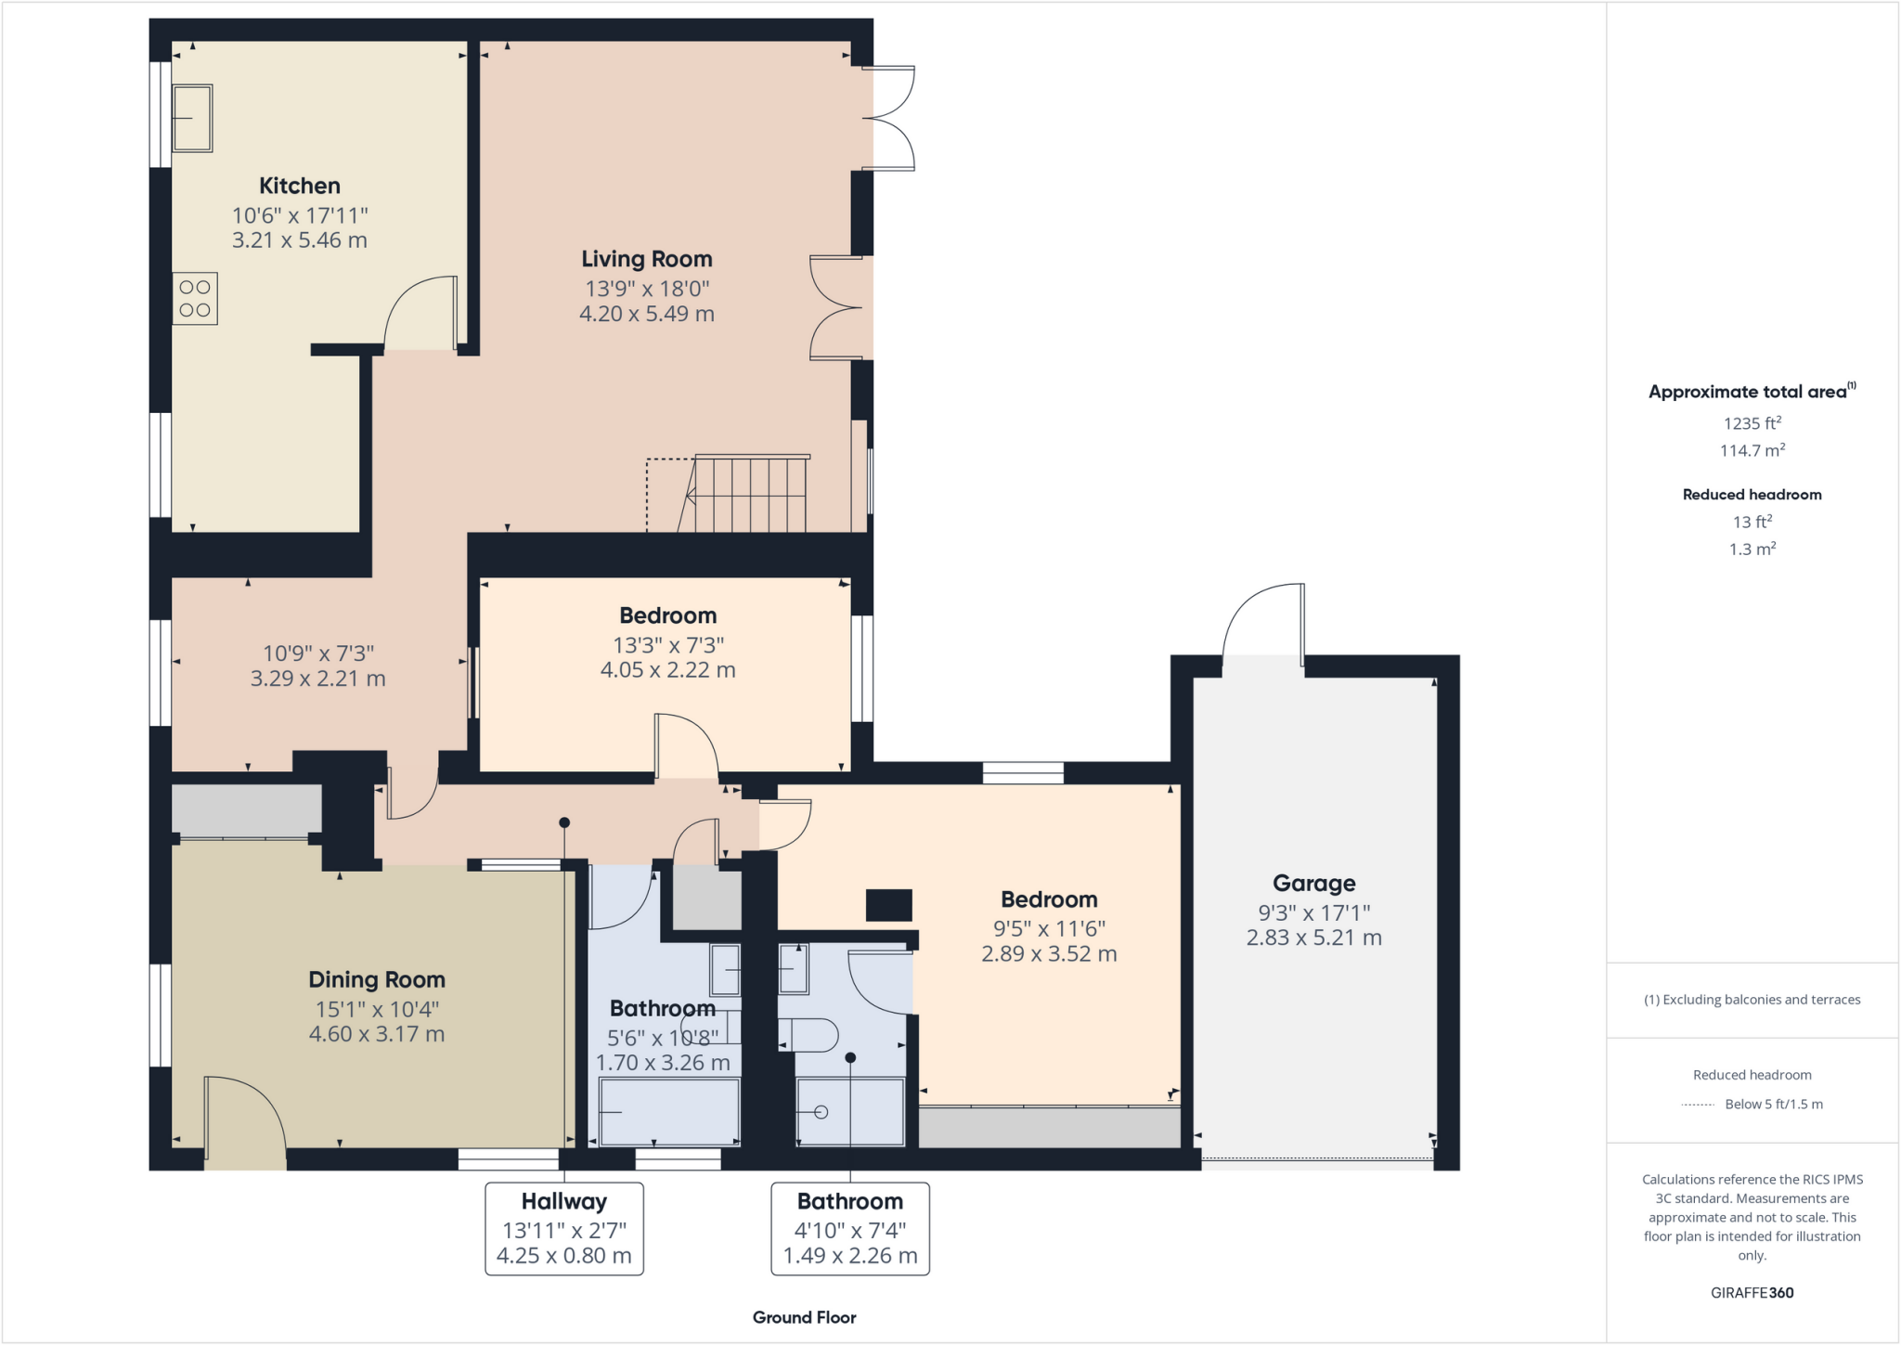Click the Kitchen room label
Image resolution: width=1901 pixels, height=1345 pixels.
299,186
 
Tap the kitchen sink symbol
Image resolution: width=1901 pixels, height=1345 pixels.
192,118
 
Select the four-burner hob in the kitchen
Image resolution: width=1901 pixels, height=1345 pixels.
195,299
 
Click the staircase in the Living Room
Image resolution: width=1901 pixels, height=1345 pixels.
748,495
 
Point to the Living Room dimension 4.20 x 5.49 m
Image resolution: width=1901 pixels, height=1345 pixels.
646,314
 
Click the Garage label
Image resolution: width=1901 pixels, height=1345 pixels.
1313,883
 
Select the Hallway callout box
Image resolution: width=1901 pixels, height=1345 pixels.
563,1228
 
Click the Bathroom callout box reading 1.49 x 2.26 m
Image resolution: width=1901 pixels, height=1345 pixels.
849,1228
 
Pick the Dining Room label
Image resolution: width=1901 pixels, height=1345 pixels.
376,979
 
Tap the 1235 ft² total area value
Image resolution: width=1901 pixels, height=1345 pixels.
1752,423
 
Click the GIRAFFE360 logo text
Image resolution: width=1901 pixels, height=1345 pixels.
1752,1292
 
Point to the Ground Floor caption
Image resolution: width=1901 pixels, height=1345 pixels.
804,1317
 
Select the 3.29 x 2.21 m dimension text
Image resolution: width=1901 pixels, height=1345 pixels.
317,679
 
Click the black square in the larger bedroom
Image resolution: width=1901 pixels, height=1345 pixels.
888,905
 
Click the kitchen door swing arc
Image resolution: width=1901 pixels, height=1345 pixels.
418,311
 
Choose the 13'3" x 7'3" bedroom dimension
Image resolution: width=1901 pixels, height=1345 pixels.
667,645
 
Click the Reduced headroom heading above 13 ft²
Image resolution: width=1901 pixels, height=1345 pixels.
1752,495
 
